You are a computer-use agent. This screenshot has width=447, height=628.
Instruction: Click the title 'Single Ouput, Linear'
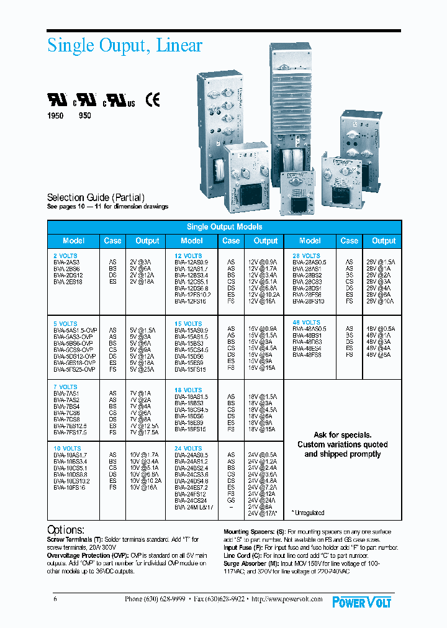pos(125,46)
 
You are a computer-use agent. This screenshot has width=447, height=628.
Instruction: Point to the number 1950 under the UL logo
pos(56,115)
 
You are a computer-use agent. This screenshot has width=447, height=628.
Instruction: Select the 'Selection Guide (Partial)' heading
pos(96,197)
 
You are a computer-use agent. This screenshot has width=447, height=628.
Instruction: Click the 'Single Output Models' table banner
pos(224,227)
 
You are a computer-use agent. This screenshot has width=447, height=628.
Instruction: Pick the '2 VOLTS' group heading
pos(65,256)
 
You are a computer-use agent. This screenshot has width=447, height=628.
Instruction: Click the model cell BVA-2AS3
pos(66,262)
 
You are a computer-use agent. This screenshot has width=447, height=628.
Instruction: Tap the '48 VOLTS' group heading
pos(306,323)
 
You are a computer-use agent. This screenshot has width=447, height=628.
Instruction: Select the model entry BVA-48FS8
pos(308,355)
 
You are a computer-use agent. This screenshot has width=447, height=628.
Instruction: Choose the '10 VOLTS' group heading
pos(67,448)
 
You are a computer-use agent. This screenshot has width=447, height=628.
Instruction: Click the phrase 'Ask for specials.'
pos(342,435)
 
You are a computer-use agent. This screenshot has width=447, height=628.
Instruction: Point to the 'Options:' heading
pos(66,530)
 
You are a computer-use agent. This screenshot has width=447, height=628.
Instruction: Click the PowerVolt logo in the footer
pos(361,601)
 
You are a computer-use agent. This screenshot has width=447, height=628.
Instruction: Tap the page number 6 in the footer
pos(55,599)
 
